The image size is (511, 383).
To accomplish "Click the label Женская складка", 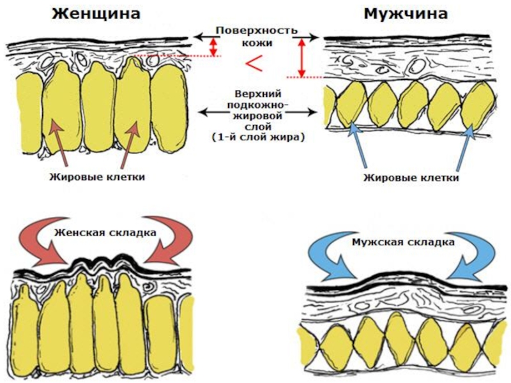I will click(x=105, y=232).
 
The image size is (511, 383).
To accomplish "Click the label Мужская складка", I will click(x=403, y=243).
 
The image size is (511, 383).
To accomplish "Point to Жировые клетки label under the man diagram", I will click(x=411, y=177).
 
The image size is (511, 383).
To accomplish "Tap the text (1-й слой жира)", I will click(x=257, y=137).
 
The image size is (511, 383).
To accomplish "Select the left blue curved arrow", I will click(x=326, y=259).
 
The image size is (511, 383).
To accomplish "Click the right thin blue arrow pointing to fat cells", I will click(x=462, y=147).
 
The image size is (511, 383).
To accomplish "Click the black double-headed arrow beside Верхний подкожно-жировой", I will click(x=217, y=113).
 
